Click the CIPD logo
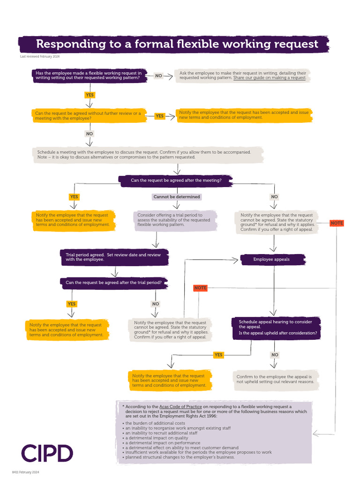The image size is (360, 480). point(47,453)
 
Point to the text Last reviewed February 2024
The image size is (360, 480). point(39,57)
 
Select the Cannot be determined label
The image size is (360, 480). point(177,197)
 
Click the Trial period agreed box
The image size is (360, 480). point(113,257)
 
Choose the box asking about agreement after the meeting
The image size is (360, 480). point(176,180)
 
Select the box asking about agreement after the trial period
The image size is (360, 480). point(114,283)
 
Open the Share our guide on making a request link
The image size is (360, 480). point(269,78)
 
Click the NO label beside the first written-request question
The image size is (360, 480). point(158,75)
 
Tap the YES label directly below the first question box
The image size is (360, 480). point(90,95)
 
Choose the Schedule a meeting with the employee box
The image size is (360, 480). point(147,155)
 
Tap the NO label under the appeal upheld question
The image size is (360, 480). point(275,355)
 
